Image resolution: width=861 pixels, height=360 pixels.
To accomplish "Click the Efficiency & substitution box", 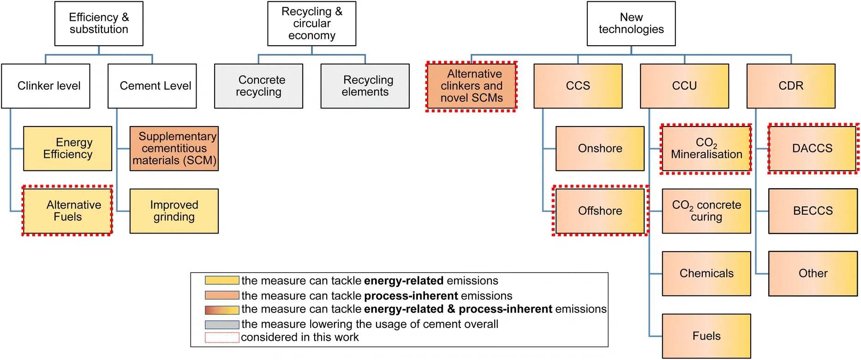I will (x=99, y=24).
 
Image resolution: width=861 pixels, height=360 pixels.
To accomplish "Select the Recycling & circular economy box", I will (x=311, y=24).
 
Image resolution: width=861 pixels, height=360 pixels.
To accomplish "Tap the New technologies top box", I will (x=631, y=24).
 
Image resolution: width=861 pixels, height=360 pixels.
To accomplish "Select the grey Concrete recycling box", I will (x=258, y=86).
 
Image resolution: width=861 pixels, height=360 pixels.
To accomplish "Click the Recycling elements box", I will (x=365, y=86).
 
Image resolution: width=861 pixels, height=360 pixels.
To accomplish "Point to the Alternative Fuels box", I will (x=67, y=211).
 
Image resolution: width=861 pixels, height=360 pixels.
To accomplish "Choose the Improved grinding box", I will (x=174, y=211).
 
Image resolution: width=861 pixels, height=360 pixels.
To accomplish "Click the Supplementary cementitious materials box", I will (x=174, y=149).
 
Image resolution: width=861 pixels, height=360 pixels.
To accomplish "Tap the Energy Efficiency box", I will (x=67, y=149).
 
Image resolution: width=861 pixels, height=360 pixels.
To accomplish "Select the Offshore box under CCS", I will (x=600, y=211).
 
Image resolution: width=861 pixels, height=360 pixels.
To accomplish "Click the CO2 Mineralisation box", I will (x=706, y=149).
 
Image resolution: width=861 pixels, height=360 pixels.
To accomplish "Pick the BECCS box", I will (x=813, y=211).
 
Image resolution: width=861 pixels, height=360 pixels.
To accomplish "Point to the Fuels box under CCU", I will (x=706, y=336).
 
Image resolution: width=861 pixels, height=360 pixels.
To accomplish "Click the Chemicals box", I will (x=706, y=274).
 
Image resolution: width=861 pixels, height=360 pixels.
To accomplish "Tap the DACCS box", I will (x=813, y=149).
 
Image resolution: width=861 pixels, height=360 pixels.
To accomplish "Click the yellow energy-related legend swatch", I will (x=222, y=280).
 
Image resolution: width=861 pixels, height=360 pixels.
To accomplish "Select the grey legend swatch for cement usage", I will (x=222, y=324).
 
